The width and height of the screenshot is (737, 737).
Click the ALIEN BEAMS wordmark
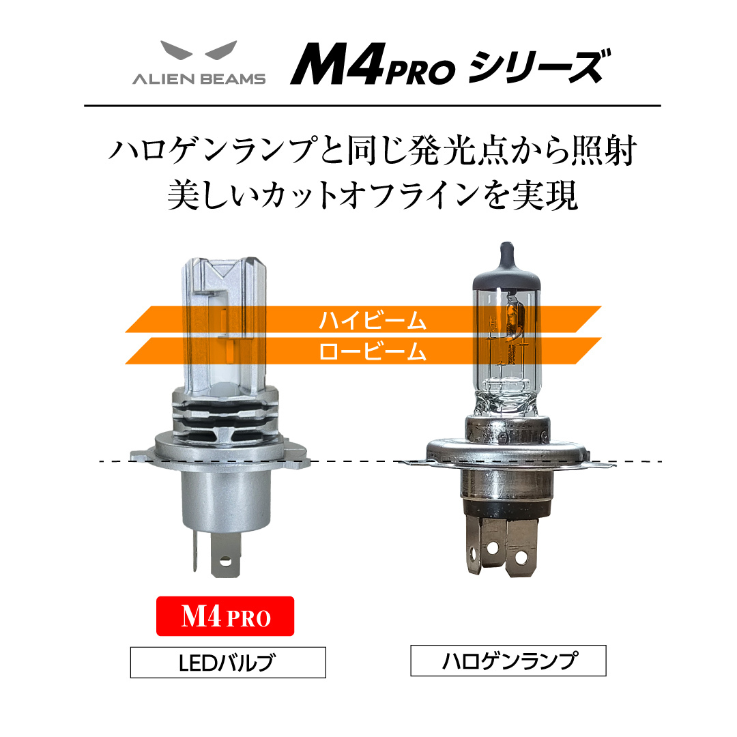(x=199, y=79)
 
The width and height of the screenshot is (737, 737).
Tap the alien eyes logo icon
(x=199, y=50)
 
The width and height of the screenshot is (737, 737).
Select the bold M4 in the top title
(x=337, y=64)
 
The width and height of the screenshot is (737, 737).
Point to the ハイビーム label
(x=373, y=320)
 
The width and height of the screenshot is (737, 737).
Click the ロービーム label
(x=373, y=351)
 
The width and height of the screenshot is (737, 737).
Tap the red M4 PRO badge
(x=225, y=616)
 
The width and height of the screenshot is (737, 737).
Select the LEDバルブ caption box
(x=228, y=662)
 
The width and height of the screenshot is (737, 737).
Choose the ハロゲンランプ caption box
(x=508, y=661)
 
